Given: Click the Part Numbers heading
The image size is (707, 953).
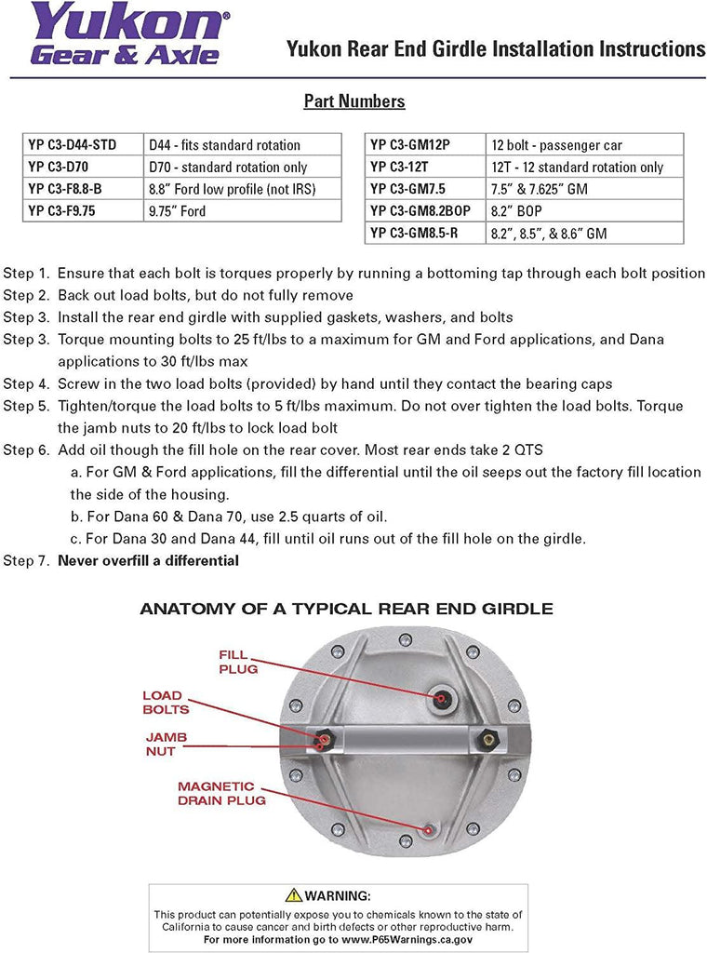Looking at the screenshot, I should coord(353,101).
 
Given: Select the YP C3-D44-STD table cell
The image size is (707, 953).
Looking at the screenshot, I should coord(82,145).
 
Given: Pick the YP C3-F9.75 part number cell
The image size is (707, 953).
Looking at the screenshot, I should coord(82,211).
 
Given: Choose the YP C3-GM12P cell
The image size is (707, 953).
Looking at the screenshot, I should coord(424,145).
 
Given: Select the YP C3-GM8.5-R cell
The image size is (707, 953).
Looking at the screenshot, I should coord(424,233).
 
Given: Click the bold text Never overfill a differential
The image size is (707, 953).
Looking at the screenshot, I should coord(149,560).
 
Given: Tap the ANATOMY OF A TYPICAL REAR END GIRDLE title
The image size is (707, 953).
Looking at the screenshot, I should coord(346,610).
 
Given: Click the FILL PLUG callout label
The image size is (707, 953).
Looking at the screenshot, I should coord(238,662).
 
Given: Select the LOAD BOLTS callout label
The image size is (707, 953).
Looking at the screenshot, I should coord(165,703).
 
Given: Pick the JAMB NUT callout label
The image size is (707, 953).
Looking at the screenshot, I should coord(166,744).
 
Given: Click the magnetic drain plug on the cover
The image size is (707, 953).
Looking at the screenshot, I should coord(427,827).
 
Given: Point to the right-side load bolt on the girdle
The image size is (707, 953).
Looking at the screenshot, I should coord(483,741).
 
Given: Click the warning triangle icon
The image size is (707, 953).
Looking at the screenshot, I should coord(294,895).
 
